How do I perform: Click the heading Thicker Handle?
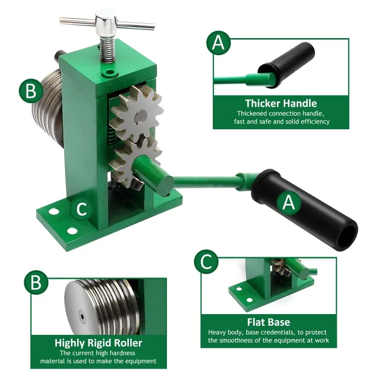click(281, 103)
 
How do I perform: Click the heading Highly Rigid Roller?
click(98, 343)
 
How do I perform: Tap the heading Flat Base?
click(269, 322)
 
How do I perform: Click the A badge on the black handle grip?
click(289, 203)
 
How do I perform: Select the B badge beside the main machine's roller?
click(31, 91)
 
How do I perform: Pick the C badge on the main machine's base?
click(82, 209)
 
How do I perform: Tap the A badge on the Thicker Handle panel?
click(219, 43)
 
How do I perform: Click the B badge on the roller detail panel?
click(36, 282)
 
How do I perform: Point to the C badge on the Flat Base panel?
click(207, 262)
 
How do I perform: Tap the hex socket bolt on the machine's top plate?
click(110, 73)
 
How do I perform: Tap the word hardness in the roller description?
click(122, 353)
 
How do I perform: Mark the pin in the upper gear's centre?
click(140, 122)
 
